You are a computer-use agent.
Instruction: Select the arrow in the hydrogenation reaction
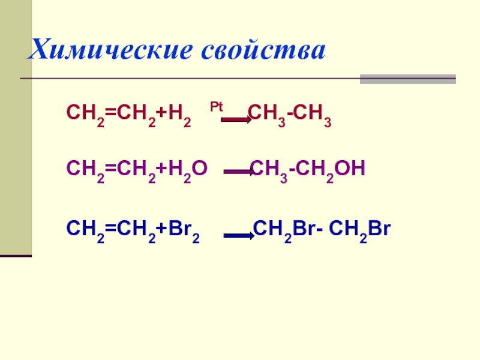235,120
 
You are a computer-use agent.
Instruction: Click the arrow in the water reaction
238,173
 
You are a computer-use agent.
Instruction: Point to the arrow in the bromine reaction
239,236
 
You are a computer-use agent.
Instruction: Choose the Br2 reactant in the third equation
184,230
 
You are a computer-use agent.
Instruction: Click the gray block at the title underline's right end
407,79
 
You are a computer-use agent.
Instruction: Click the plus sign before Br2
161,230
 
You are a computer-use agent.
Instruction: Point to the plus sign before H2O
161,169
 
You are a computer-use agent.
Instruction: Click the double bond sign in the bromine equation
106,230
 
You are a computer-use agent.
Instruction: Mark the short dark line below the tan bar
16,256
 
